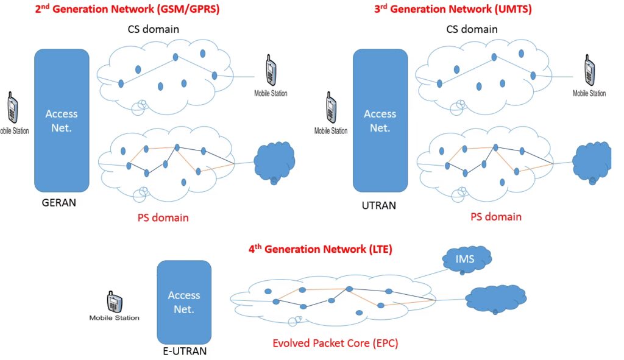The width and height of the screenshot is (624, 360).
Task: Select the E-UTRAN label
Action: [x=182, y=351]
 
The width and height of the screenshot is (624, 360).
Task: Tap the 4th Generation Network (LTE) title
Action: [x=320, y=250]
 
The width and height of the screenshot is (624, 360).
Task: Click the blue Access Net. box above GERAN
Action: [x=62, y=120]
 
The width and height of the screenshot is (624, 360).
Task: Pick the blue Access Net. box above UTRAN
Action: [x=380, y=120]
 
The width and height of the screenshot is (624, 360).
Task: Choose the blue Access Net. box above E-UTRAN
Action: [x=184, y=302]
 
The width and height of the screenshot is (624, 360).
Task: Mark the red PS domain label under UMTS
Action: [x=496, y=216]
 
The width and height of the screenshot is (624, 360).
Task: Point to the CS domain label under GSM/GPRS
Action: [x=152, y=29]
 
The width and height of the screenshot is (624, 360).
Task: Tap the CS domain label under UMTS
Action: [x=471, y=29]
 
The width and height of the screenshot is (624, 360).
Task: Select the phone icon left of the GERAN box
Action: [x=12, y=108]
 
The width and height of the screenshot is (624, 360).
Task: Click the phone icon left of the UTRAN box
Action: [x=331, y=108]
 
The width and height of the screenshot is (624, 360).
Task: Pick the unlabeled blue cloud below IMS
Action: [x=495, y=298]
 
